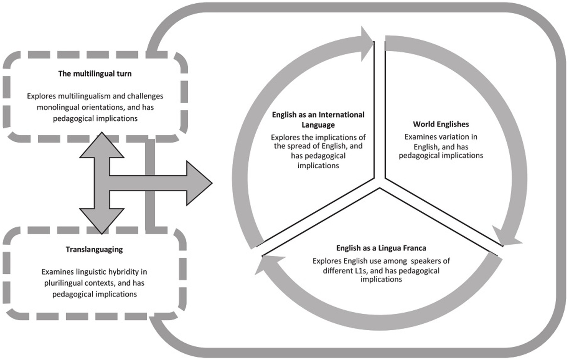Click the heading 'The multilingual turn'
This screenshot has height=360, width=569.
95,73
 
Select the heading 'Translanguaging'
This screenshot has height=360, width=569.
94,249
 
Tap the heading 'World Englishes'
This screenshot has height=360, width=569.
441,124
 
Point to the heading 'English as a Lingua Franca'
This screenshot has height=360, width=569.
381,248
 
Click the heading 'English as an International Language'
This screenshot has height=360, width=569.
318,119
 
